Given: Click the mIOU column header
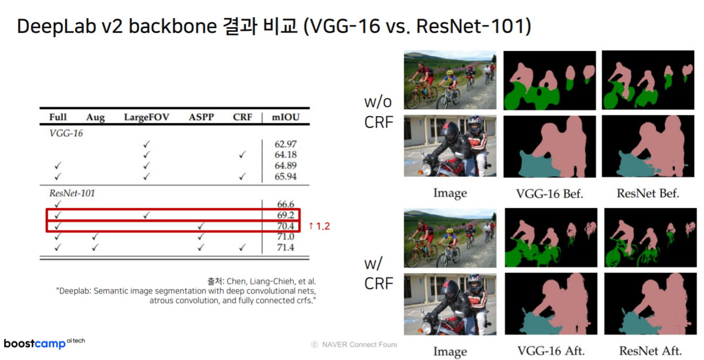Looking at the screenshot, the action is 285,117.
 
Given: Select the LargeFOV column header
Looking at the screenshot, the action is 146,117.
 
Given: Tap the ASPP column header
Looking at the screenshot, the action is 201,117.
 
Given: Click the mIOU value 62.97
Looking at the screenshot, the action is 285,144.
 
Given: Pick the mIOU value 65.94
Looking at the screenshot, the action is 285,177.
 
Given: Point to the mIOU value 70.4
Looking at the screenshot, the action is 285,226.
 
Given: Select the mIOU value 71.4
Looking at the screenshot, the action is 285,248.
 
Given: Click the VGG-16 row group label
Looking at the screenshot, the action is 66,134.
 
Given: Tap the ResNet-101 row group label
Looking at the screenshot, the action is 72,193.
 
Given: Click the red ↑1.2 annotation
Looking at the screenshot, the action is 319,226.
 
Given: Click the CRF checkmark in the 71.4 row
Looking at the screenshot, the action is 242,248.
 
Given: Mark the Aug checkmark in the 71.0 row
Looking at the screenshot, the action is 95,236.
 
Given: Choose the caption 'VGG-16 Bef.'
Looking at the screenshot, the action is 550,194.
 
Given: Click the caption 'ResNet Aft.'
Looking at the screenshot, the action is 650,351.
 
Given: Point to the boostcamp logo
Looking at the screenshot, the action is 45,344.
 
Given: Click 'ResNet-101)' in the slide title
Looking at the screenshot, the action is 474,27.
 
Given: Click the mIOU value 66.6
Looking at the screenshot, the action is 285,204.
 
